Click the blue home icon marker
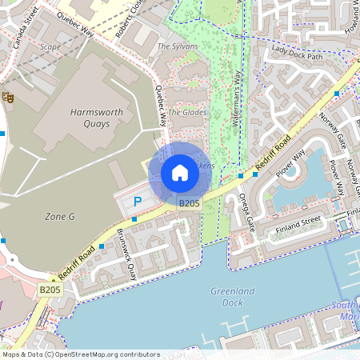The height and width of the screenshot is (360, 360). click(x=180, y=173)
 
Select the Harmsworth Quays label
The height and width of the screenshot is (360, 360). click(x=96, y=118)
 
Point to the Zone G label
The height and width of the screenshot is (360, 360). click(x=59, y=216)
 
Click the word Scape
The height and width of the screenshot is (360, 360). click(x=50, y=46)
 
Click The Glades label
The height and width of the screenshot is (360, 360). click(x=187, y=113)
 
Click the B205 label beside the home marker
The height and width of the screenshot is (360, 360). click(x=189, y=204)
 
